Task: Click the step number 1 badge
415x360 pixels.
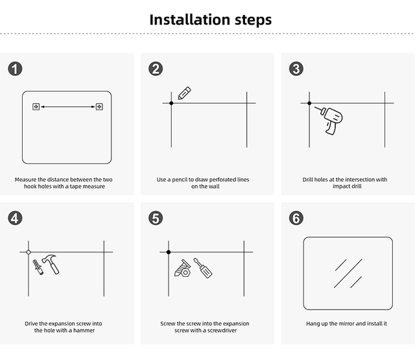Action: click(x=15, y=69)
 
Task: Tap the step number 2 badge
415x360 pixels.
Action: click(x=156, y=69)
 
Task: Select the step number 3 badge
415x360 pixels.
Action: click(x=296, y=69)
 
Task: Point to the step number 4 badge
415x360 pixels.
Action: click(x=15, y=218)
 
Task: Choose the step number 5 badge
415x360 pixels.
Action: click(x=156, y=218)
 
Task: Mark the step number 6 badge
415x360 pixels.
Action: click(x=296, y=218)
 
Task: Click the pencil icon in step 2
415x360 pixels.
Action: click(x=184, y=92)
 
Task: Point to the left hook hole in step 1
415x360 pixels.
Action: click(x=36, y=106)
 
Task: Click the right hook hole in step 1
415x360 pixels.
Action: click(x=99, y=106)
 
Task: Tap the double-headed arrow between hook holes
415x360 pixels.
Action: click(x=68, y=106)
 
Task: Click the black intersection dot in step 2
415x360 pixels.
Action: click(x=171, y=103)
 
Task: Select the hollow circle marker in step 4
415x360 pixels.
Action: click(x=28, y=252)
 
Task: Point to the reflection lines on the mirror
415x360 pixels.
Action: click(x=348, y=273)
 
